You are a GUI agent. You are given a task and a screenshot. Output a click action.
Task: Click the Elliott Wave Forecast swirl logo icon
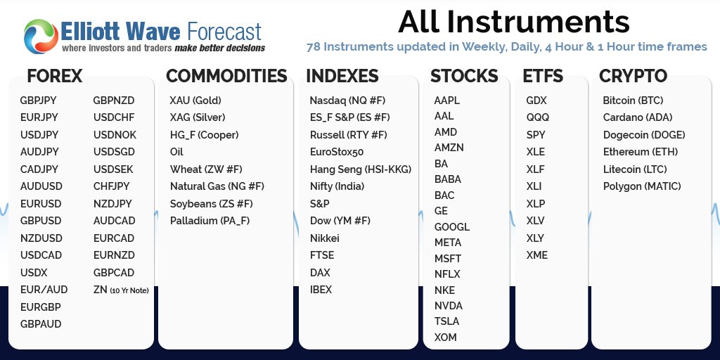pyautogui.click(x=41, y=37)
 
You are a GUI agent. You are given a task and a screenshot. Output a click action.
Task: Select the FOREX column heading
pyautogui.click(x=55, y=76)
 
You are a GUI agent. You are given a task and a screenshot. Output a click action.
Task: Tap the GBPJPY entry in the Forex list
pyautogui.click(x=38, y=101)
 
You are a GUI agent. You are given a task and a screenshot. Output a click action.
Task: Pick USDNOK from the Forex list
pyautogui.click(x=115, y=135)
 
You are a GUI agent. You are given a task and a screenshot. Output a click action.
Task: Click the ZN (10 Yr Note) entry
pyautogui.click(x=121, y=290)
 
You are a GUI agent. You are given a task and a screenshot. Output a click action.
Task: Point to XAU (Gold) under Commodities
pyautogui.click(x=195, y=101)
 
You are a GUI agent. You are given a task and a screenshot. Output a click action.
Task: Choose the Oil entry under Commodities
pyautogui.click(x=176, y=152)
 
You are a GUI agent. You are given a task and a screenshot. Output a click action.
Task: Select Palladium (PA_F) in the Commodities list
pyautogui.click(x=210, y=221)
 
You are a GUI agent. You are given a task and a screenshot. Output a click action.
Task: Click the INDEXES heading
pyautogui.click(x=342, y=76)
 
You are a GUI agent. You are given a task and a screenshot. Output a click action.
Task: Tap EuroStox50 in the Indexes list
pyautogui.click(x=337, y=152)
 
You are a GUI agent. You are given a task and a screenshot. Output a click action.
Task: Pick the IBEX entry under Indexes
pyautogui.click(x=321, y=290)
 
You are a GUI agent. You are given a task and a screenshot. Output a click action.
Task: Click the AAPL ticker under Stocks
pyautogui.click(x=446, y=101)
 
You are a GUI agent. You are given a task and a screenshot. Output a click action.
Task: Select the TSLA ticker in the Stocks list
pyautogui.click(x=446, y=321)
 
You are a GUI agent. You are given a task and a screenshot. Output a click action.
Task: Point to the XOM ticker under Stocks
pyautogui.click(x=445, y=337)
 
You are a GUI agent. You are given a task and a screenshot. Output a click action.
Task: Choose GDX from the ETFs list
pyautogui.click(x=536, y=101)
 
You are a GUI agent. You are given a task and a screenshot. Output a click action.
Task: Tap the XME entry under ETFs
pyautogui.click(x=536, y=255)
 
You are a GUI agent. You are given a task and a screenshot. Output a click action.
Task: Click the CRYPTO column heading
pyautogui.click(x=634, y=76)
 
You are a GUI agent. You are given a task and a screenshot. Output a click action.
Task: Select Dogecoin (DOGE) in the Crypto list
pyautogui.click(x=644, y=135)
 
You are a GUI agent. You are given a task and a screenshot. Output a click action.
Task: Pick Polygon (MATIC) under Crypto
pyautogui.click(x=642, y=186)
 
